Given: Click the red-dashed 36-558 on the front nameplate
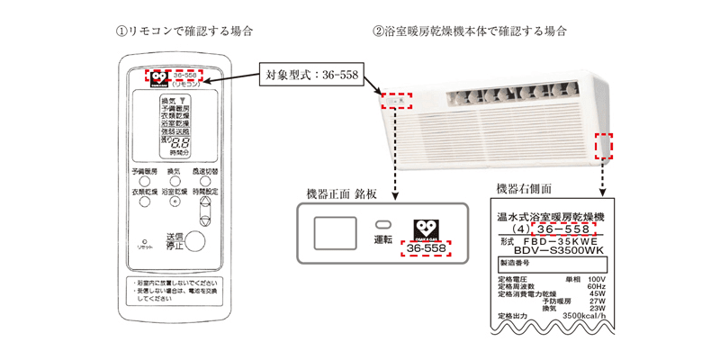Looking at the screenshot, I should pos(427,247).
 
